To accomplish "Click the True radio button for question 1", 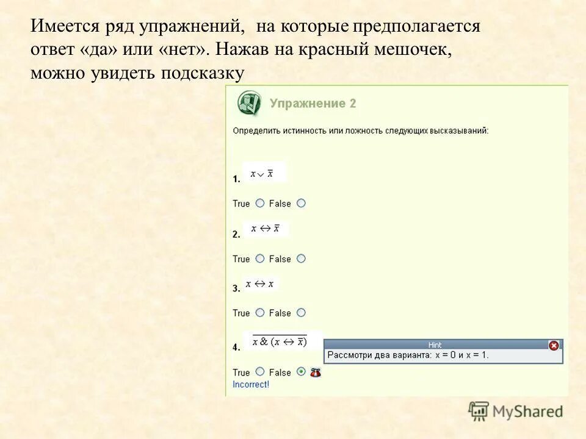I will click(x=260, y=203).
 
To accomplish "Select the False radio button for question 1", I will click(x=301, y=203).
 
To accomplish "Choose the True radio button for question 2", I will click(x=260, y=259).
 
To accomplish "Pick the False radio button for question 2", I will click(x=301, y=259).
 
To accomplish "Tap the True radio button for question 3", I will click(x=260, y=313).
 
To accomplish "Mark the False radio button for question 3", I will click(x=301, y=313).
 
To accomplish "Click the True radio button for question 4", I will click(x=260, y=371).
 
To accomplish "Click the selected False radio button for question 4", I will click(x=301, y=371).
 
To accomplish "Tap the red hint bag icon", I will click(x=316, y=373).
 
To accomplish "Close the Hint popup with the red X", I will click(x=554, y=345).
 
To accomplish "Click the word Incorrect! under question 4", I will click(x=251, y=385).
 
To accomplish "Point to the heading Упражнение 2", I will click(x=313, y=104).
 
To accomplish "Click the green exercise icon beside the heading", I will click(x=249, y=103).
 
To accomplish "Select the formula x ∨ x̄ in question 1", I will click(x=262, y=174).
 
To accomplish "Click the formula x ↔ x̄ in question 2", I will click(x=265, y=229).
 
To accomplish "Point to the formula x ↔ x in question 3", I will click(x=260, y=284).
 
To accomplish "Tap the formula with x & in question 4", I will click(x=280, y=342).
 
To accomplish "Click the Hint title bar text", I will click(x=435, y=345).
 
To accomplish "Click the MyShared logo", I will click(x=516, y=411).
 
